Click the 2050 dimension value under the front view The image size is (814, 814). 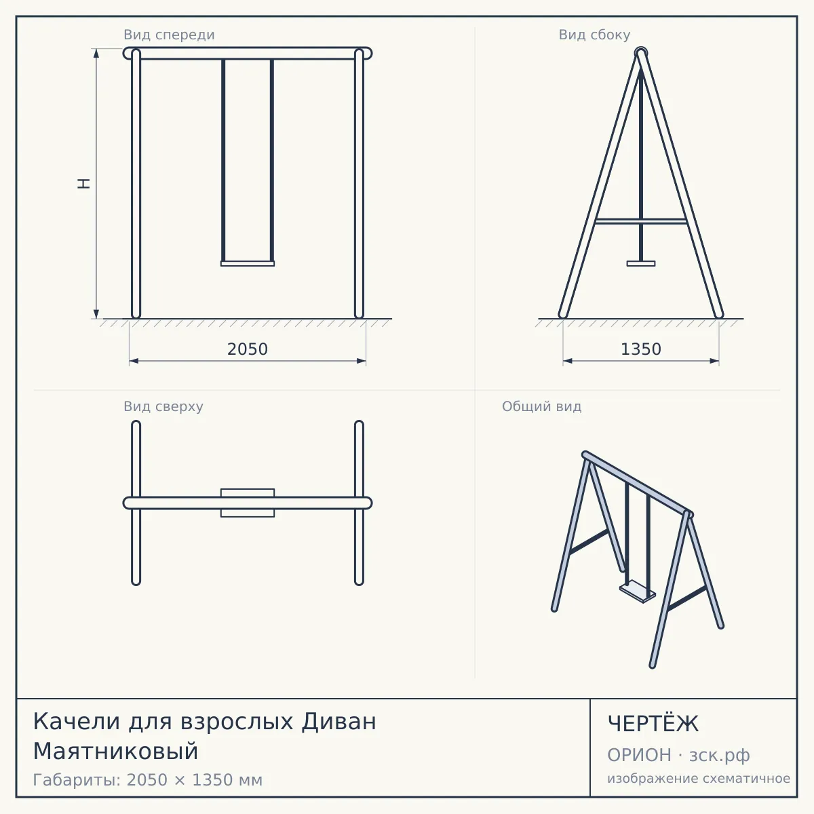248,349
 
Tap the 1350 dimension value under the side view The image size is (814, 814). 641,349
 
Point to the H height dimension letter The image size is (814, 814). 84,183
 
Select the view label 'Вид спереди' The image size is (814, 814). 169,35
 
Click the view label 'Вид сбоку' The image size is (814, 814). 594,35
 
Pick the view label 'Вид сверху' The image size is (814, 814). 163,406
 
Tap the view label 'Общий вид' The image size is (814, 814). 541,406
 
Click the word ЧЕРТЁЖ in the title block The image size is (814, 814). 653,724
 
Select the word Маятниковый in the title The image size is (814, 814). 115,752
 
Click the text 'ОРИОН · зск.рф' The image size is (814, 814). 678,755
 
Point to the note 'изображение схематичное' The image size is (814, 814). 699,778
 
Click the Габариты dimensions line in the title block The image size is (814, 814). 148,780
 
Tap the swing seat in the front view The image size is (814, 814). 248,264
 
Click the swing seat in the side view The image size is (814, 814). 641,264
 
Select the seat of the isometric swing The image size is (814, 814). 638,592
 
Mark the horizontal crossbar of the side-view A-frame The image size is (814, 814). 641,221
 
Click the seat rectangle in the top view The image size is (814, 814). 248,503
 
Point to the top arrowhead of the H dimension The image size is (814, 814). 96,53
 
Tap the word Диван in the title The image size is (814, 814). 338,722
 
